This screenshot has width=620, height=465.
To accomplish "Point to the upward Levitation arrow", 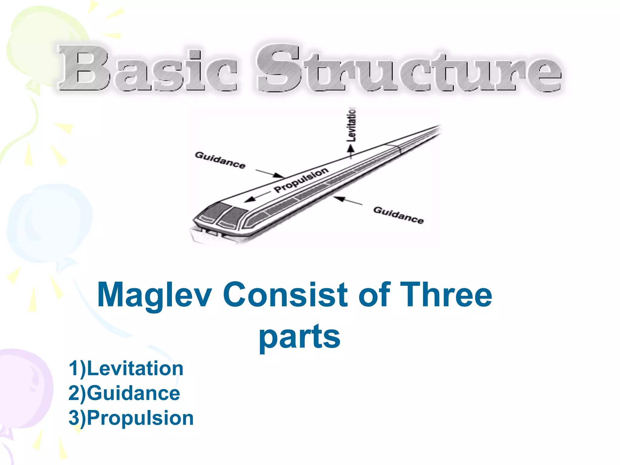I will [351, 151].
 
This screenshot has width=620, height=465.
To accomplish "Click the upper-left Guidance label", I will [220, 160].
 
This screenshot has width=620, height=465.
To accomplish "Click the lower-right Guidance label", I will [398, 215].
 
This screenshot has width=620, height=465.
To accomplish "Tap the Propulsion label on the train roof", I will [301, 180].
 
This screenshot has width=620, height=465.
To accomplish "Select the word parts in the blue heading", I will [300, 337].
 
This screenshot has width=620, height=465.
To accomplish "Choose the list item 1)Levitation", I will [126, 368].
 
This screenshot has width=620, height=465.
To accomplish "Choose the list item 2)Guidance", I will [124, 393].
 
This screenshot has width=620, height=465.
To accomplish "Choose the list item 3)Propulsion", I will [131, 418].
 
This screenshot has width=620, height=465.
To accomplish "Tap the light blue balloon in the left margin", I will [50, 223].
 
